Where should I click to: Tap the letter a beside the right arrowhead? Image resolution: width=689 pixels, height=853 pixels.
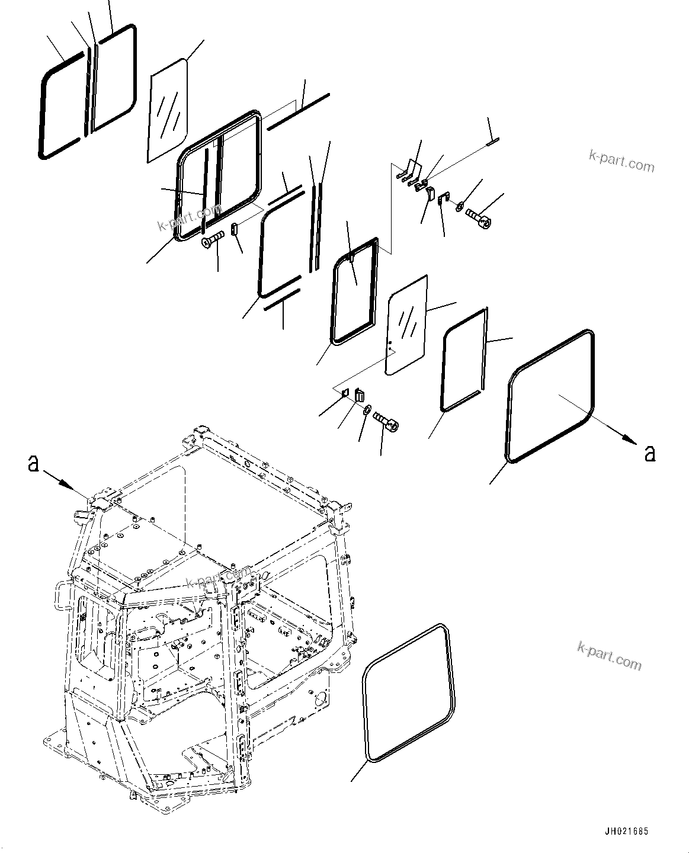point(650,453)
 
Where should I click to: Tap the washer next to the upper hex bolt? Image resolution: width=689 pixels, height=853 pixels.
point(460,207)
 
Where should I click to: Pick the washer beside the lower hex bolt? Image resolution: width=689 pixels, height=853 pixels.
point(367,409)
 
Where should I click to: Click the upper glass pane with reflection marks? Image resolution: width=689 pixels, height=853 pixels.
point(168,110)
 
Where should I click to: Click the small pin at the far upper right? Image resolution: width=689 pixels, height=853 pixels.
point(492,141)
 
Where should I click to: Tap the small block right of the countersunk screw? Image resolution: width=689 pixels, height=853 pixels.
point(234,229)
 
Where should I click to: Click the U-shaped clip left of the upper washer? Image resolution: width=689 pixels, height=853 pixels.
point(442,201)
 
